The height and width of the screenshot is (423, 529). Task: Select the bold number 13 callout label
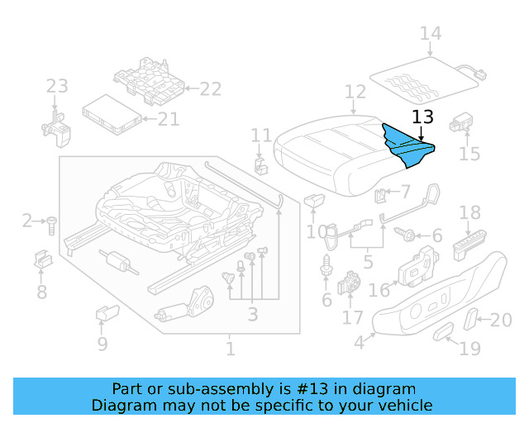(422, 118)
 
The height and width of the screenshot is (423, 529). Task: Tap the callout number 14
(430, 34)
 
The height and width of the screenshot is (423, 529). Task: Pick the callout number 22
(211, 89)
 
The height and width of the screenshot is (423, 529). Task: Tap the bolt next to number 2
(51, 222)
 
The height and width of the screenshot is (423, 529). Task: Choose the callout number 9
(102, 344)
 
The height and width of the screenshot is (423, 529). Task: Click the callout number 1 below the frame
(230, 349)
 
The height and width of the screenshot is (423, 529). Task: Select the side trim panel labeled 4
(438, 294)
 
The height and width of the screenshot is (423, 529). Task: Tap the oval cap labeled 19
(444, 331)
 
